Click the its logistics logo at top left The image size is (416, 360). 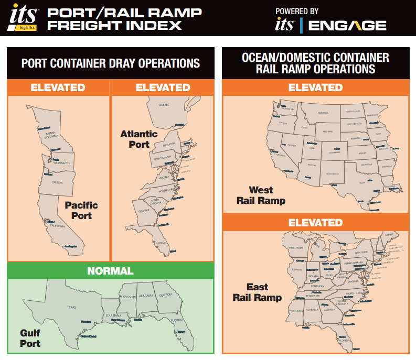pyautogui.click(x=23, y=18)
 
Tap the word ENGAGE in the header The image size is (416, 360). pyautogui.click(x=347, y=25)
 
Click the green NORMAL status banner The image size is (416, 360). pyautogui.click(x=110, y=271)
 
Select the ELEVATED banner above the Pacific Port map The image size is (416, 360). pyautogui.click(x=58, y=88)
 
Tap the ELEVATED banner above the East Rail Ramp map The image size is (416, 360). pyautogui.click(x=315, y=222)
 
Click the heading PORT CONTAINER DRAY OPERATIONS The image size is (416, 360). pyautogui.click(x=111, y=63)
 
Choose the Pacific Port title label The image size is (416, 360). pyautogui.click(x=81, y=210)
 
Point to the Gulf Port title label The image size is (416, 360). pyautogui.click(x=30, y=338)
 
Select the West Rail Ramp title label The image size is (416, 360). pyautogui.click(x=261, y=195)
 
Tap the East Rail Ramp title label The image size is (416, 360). pyautogui.click(x=257, y=292)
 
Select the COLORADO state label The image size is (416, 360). pyautogui.click(x=334, y=152)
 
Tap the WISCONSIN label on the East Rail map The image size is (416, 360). pyautogui.click(x=296, y=247)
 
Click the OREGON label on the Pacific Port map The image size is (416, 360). pyautogui.click(x=58, y=183)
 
